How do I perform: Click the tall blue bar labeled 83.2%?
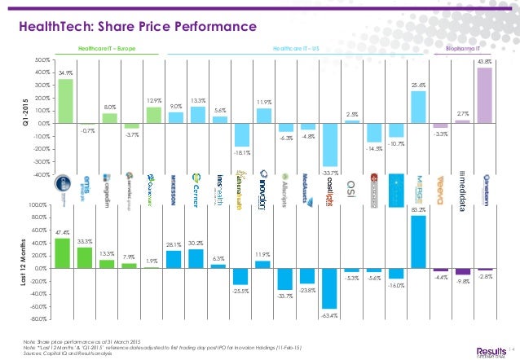coord(419,242)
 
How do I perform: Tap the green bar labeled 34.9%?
coord(66,101)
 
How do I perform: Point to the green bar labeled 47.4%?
coord(62,253)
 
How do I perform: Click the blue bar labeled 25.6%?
coord(418,107)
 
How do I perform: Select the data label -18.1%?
coord(241,151)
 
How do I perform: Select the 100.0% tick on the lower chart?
coord(39,204)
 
